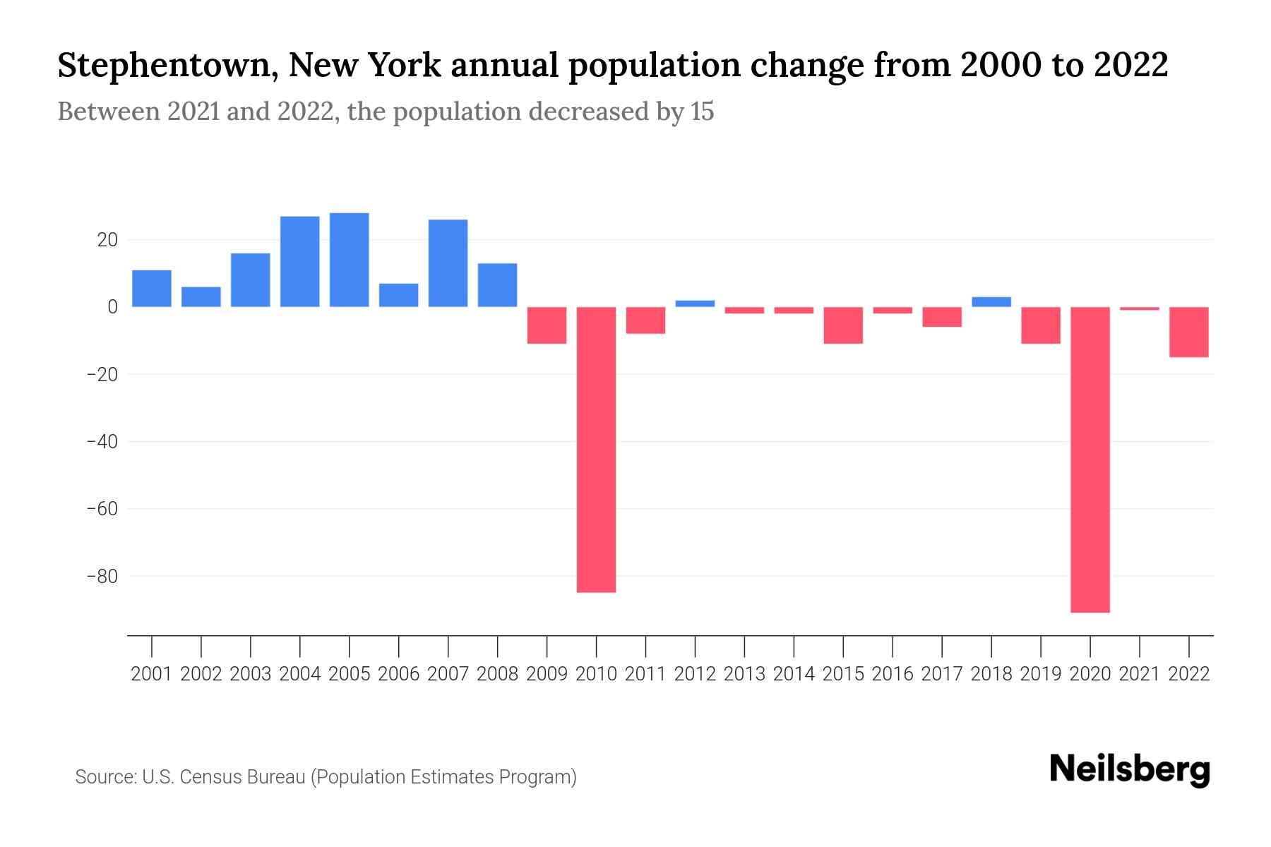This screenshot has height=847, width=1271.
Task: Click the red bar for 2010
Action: click(596, 449)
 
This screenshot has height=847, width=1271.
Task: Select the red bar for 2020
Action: click(1090, 459)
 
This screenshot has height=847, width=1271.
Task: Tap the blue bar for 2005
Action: click(349, 260)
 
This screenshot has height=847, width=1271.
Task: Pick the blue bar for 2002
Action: click(201, 296)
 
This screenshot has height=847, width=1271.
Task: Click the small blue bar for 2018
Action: click(991, 301)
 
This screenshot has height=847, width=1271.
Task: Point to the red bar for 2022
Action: click(1188, 332)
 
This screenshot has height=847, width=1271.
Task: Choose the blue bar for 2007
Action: click(448, 263)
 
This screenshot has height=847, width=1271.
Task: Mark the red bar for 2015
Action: click(843, 325)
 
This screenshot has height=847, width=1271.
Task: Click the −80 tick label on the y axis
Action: click(102, 576)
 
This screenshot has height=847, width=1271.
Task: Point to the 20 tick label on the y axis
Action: click(107, 240)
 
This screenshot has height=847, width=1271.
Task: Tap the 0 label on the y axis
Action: click(112, 307)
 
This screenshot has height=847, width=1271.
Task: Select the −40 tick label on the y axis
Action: click(102, 441)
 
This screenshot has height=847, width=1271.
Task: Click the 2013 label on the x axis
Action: click(744, 674)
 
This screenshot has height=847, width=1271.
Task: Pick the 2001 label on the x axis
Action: click(152, 674)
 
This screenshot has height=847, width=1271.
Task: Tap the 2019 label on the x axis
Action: click(1040, 674)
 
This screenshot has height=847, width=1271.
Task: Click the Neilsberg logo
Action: click(1130, 769)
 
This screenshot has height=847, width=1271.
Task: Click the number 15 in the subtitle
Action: click(702, 112)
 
